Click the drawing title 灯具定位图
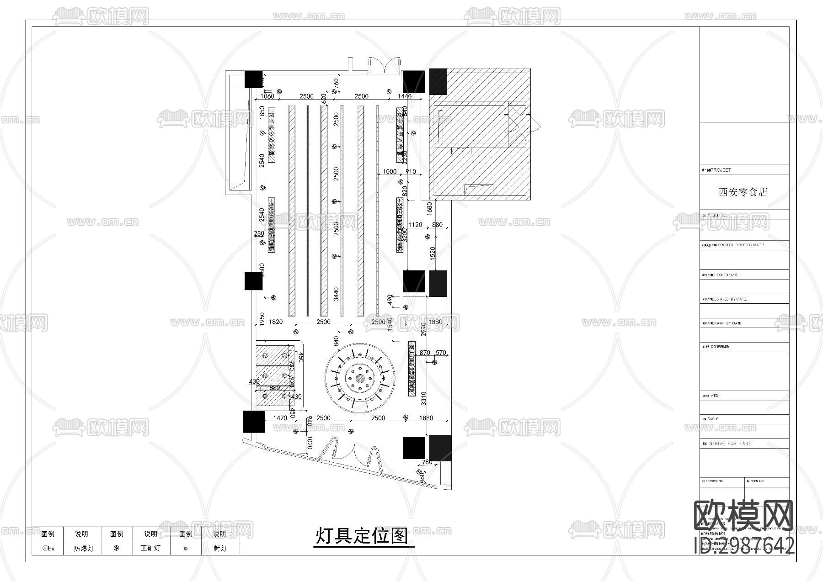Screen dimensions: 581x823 point(362,536)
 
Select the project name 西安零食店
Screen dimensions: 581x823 point(743,192)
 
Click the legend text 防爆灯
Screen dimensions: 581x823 point(84,549)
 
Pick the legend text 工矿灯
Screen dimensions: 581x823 point(150,548)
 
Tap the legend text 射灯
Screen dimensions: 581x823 point(220,548)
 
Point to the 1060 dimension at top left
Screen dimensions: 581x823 point(267,96)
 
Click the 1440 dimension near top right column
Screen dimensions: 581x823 point(404,96)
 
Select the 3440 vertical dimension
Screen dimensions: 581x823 point(336,294)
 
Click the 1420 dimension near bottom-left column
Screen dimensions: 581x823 point(280,418)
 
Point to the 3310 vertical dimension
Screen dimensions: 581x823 point(423,398)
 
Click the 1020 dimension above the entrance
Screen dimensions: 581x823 point(310,443)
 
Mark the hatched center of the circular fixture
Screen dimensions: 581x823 point(361,378)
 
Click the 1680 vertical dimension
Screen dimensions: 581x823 point(429,208)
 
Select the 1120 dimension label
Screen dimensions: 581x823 point(415,225)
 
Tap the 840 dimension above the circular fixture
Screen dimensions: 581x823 point(337,341)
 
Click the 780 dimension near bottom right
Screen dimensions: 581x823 point(427,462)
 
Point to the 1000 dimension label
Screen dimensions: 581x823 point(390,172)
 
